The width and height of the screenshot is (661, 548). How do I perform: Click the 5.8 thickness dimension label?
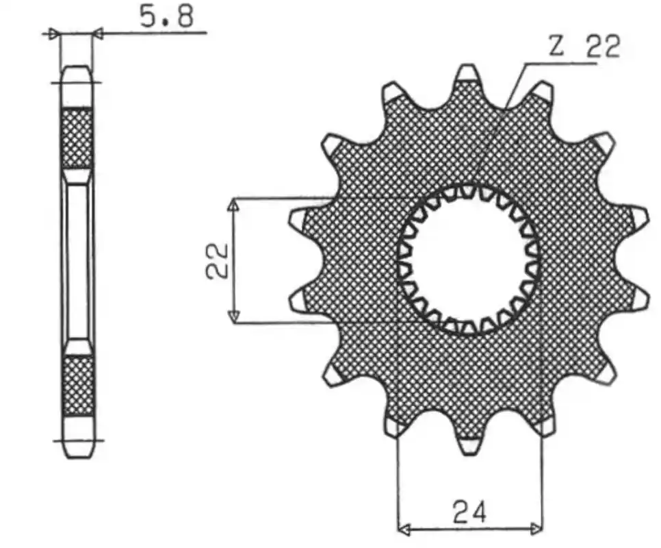166,17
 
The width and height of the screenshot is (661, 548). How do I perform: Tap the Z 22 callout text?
584,47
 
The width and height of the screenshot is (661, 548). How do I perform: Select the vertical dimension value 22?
217,260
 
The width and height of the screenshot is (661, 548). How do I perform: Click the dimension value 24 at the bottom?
469,510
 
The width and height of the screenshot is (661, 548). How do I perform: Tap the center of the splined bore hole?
468,260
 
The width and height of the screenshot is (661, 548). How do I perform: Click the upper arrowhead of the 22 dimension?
233,205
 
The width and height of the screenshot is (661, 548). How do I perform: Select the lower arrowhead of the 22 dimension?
233,315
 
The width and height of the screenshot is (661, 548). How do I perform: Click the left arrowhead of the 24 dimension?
404,527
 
